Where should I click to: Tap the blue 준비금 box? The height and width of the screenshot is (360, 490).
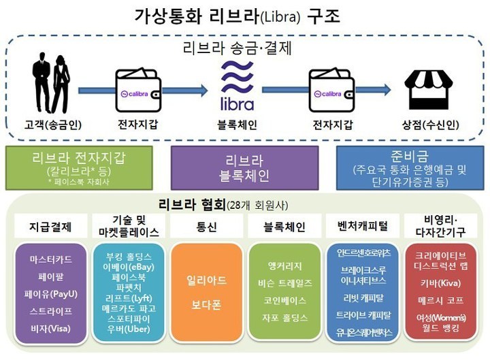[x=410, y=167]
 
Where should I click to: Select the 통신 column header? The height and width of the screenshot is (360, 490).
[x=206, y=225]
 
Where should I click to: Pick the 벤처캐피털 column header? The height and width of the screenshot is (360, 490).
[x=361, y=225]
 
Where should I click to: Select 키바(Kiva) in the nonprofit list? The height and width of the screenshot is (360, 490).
[x=440, y=282]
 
